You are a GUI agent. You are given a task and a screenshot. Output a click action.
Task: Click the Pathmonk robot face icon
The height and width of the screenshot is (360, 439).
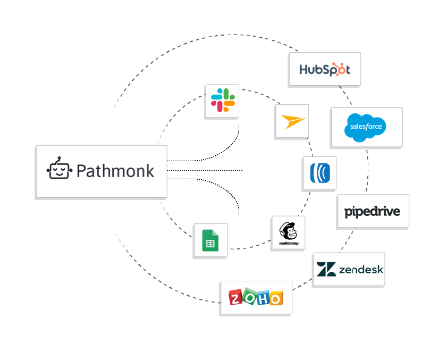[58, 170]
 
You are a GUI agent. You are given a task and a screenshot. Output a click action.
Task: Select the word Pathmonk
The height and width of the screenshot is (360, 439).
[115, 171]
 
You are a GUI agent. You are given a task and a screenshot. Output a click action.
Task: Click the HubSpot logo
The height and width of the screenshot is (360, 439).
[325, 70]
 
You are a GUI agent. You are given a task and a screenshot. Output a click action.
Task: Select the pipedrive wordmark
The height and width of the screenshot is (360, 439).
[373, 212]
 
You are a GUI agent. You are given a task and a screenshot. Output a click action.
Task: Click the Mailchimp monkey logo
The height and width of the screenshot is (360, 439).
[288, 230]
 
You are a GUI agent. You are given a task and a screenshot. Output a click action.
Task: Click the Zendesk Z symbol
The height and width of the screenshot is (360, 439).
[325, 270]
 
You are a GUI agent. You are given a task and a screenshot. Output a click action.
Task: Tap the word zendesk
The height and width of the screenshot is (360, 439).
[360, 270]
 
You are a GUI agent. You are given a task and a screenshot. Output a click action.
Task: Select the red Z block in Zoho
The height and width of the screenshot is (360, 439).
[236, 298]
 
